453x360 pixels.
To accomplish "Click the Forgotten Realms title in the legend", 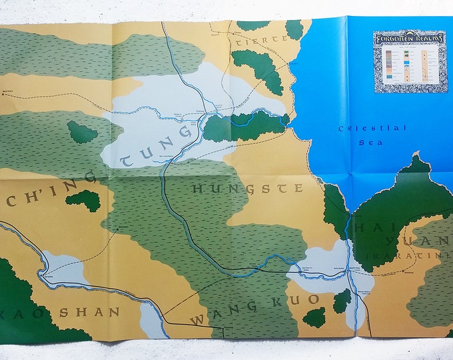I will pyautogui.click(x=408, y=38).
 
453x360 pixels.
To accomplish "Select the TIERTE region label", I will pyautogui.click(x=259, y=40).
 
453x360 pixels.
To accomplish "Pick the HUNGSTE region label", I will pyautogui.click(x=247, y=189).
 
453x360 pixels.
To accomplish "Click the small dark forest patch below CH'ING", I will pyautogui.click(x=83, y=200).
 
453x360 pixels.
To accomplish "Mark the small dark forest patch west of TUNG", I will pyautogui.click(x=82, y=132).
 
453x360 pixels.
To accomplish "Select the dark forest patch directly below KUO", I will pyautogui.click(x=314, y=317).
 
